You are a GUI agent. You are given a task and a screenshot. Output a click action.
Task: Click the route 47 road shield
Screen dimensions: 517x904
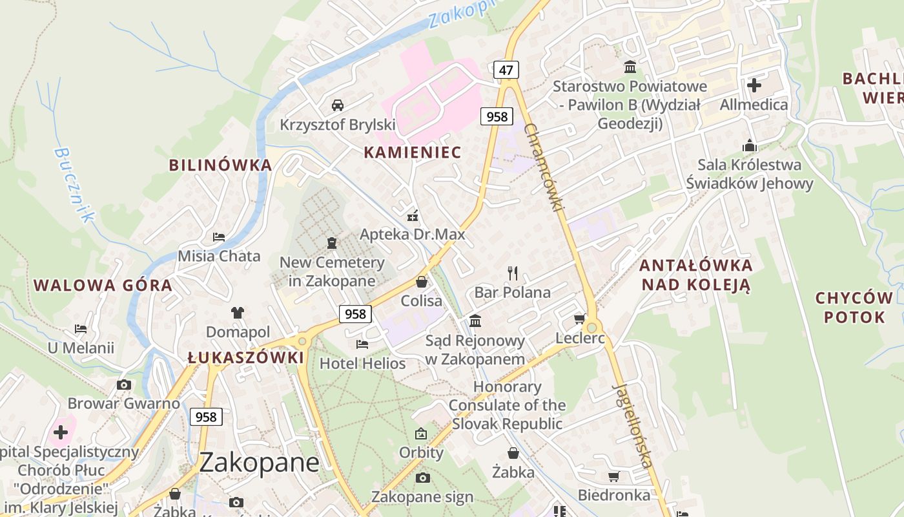coord(506,69)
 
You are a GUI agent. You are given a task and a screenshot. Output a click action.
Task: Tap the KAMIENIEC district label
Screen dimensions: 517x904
coord(412,153)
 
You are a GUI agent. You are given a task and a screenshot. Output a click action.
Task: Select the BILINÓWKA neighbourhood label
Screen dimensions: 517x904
coord(220,165)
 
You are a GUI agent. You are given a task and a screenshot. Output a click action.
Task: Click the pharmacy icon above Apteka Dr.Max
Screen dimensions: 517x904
coord(412,216)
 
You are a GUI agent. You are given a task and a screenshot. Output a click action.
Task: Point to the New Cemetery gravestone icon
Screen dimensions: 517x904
coord(332,243)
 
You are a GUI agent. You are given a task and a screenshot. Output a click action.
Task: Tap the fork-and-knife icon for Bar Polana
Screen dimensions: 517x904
coord(513,273)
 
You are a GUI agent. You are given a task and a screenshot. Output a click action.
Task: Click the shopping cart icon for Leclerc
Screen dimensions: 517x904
coord(579,319)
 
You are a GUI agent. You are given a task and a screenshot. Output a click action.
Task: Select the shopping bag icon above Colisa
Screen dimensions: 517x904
coord(422,282)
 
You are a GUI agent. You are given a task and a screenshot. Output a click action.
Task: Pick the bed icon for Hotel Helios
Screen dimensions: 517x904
coord(362,344)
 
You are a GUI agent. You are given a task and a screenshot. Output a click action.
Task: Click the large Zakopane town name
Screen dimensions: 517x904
coord(259,463)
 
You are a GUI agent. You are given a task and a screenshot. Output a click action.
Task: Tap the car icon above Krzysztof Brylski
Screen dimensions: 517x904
coord(337,105)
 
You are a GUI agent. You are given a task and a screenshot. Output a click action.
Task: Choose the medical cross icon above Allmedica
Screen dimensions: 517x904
coord(754,85)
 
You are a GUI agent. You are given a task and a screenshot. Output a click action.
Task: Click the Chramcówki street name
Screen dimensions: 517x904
coord(544,167)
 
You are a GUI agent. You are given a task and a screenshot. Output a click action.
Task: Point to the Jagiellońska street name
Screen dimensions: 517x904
coord(632,426)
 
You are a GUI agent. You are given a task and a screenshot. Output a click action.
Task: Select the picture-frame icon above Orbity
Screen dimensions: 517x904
coord(421,433)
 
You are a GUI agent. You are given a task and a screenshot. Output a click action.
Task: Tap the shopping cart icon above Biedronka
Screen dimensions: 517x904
coord(613,476)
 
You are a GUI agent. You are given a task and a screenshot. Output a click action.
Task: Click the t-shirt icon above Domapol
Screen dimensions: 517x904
coord(238,313)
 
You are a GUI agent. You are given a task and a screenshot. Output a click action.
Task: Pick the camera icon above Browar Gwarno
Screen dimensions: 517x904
coord(123,385)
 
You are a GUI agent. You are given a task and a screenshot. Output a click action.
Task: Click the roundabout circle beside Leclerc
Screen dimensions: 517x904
coord(591,328)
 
